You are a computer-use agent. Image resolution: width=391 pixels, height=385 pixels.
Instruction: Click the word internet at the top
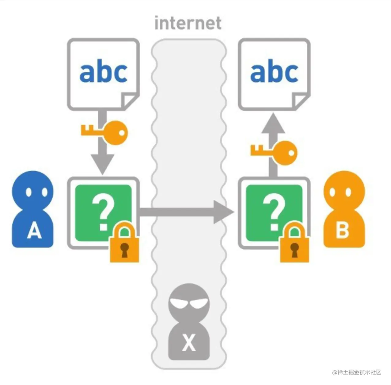pos(188,23)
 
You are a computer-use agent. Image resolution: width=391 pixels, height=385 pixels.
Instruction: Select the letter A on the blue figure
pos(34,231)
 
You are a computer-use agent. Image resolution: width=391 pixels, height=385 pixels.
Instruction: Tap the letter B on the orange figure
pos(342,230)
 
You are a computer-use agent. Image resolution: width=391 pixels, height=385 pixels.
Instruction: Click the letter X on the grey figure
pos(189,343)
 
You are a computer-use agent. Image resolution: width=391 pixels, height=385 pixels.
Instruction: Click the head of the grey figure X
pos(189,302)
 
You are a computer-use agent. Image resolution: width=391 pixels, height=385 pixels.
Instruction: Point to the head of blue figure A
pos(32,191)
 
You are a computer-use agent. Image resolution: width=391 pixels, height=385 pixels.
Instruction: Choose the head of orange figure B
pos(344,190)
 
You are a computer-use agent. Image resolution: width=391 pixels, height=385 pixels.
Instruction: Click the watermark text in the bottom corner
pos(357,372)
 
